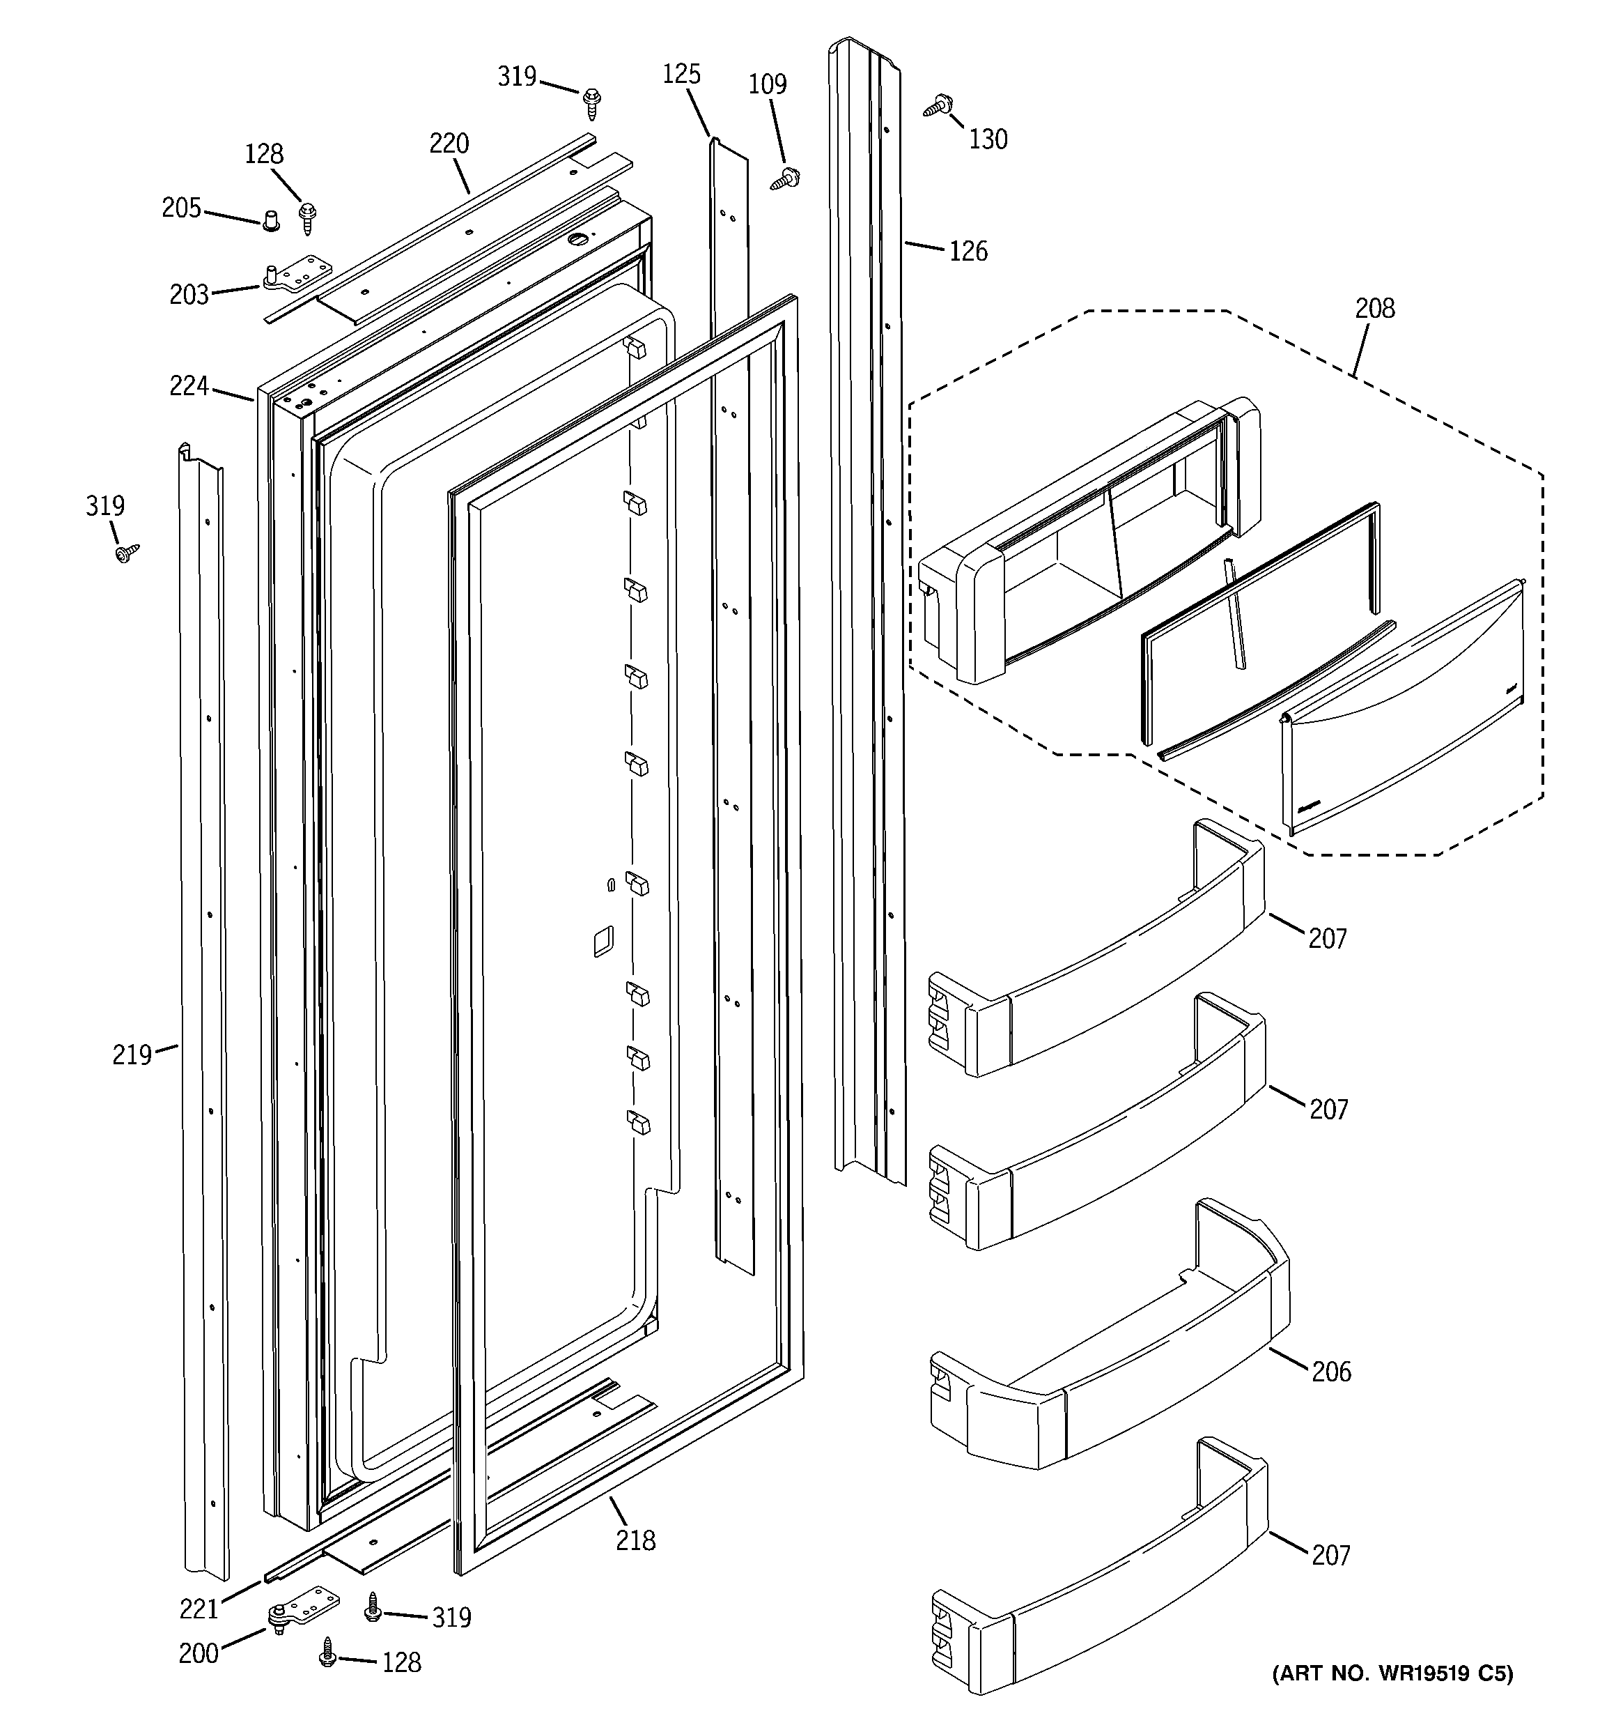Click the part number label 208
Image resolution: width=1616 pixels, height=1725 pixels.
tap(1375, 308)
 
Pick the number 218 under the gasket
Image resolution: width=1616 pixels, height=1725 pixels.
tap(636, 1540)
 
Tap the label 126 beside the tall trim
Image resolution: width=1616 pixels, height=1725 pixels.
tap(968, 252)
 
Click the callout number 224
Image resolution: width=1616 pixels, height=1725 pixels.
tap(189, 386)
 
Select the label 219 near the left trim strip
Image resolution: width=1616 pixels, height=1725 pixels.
tap(132, 1055)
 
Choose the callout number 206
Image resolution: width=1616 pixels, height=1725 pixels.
tap(1330, 1371)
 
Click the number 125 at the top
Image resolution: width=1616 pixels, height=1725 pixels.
tap(681, 74)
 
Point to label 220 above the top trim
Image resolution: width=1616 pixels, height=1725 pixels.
tap(449, 143)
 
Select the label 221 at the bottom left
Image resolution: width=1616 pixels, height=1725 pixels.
tap(199, 1609)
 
